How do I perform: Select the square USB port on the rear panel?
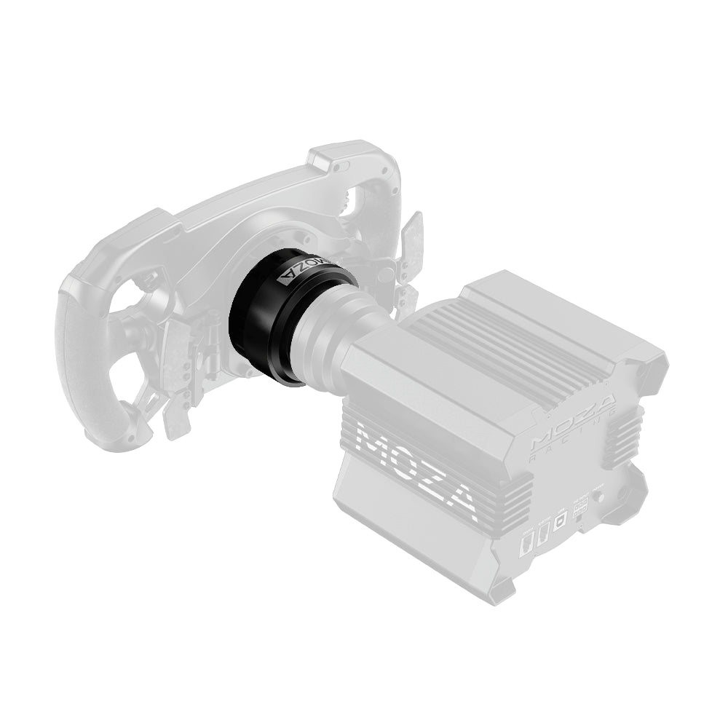click(560, 523)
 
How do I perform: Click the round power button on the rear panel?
click(599, 499)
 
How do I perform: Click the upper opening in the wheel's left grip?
click(142, 281)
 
